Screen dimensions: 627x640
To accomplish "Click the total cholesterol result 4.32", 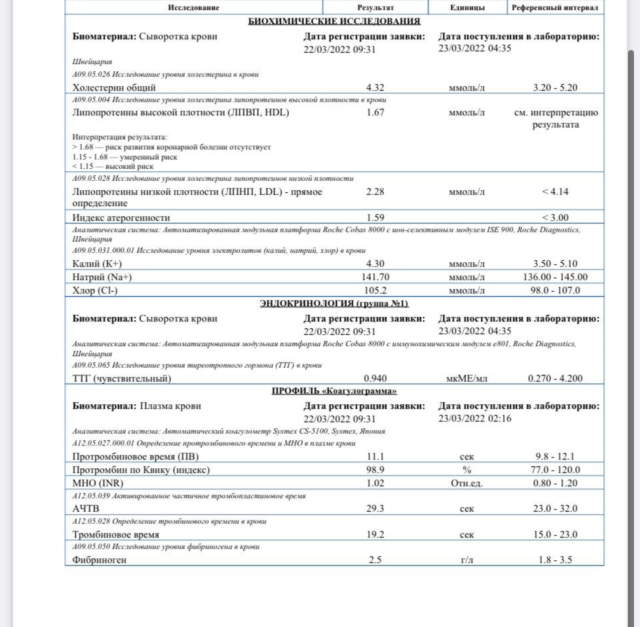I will point(375,87).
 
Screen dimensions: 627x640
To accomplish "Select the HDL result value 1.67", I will point(375,113).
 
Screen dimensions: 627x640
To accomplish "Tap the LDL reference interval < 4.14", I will point(555,192).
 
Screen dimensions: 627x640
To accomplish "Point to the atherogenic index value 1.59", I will point(375,217).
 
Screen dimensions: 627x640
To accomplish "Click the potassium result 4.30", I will point(375,263).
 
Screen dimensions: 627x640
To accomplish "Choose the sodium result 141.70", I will point(375,277).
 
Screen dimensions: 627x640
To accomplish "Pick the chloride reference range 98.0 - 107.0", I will point(555,290).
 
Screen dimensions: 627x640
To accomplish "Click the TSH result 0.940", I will point(375,378).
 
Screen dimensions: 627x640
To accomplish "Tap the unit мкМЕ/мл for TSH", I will point(467,378).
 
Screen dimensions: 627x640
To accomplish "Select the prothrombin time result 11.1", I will point(375,457).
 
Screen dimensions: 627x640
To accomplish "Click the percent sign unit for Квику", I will point(467,470).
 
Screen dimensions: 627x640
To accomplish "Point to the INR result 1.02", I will point(375,483).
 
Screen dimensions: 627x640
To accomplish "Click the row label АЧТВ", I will point(85,509).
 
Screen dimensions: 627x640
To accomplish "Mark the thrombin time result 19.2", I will point(375,534).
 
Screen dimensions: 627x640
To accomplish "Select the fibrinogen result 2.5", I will point(375,560).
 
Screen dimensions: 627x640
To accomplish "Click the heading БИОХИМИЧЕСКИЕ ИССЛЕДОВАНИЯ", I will point(334,22).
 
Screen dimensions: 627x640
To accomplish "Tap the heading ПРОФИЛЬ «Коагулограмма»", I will point(334,391).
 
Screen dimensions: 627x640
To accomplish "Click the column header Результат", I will point(375,7).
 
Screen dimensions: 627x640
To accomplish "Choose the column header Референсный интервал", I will point(555,7).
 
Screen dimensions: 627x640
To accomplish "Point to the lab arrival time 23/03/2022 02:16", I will point(475,418).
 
